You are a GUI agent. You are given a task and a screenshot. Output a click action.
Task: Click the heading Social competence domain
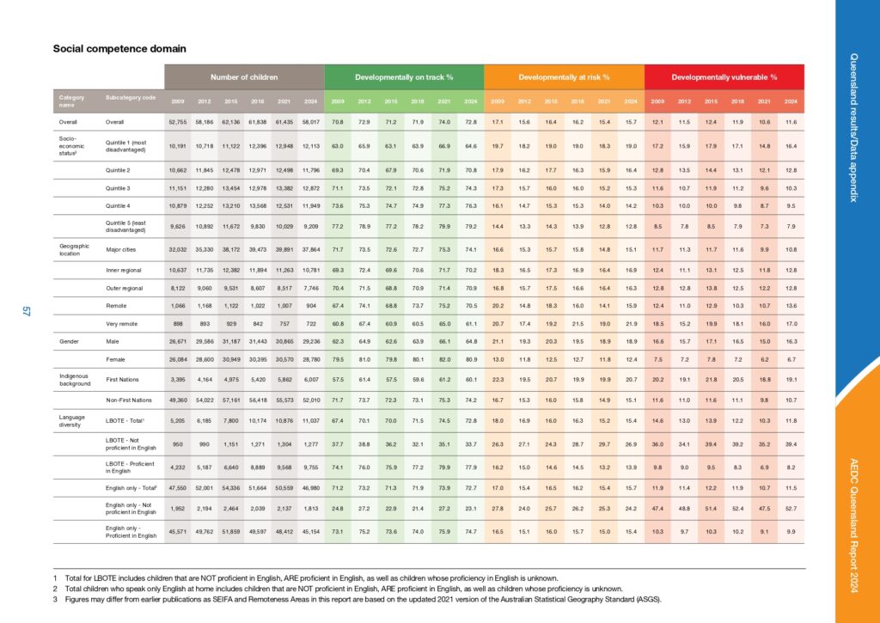pyautogui.click(x=119, y=49)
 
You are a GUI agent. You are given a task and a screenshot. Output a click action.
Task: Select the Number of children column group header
pyautogui.click(x=245, y=76)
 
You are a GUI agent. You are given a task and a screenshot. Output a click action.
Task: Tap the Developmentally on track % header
pyautogui.click(x=405, y=76)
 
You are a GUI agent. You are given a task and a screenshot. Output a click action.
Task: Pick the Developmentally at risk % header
pyautogui.click(x=564, y=76)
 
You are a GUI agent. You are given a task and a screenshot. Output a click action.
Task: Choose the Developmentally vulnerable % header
pyautogui.click(x=724, y=76)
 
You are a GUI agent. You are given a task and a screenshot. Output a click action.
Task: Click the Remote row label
pyautogui.click(x=115, y=305)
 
